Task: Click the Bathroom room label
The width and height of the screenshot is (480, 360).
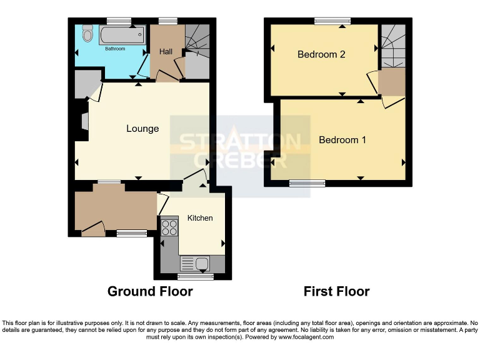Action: [114, 48]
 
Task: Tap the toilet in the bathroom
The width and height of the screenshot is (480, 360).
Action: [87, 33]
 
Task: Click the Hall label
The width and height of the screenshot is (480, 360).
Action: [166, 51]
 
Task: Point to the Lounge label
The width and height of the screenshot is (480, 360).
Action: [142, 129]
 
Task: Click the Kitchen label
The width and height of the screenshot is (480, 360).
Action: [200, 218]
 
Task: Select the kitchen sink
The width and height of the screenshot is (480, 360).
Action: [196, 264]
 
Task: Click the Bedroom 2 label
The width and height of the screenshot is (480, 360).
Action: [321, 54]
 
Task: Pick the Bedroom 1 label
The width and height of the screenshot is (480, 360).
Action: [342, 139]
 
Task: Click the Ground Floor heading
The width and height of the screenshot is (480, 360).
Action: [150, 291]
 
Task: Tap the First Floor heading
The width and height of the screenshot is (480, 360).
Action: [336, 291]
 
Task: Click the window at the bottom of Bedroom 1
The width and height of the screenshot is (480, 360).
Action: [307, 183]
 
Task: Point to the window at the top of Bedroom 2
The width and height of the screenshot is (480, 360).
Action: [332, 21]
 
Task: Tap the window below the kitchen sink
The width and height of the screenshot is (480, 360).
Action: [195, 276]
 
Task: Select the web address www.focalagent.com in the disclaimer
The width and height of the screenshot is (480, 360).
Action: [306, 337]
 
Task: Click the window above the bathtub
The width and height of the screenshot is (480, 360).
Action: [119, 21]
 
